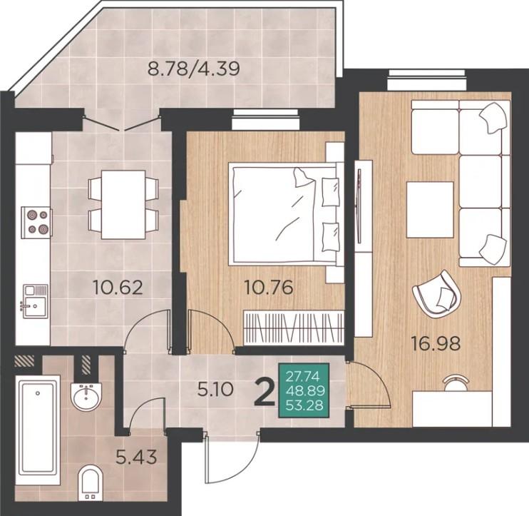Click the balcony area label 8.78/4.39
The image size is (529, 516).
pos(194,69)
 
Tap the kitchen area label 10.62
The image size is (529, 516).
pos(118,288)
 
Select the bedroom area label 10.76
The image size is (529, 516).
pos(268,288)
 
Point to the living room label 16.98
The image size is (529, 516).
pos(436,344)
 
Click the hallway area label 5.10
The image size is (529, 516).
pos(215,390)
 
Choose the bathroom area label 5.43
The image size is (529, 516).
pos(136,457)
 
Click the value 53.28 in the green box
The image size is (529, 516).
pos(304,405)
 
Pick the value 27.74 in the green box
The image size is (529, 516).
pos(302,376)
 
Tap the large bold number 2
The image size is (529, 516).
pos(264,392)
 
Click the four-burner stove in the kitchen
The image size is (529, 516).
pos(36,223)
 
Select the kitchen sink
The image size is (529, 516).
pos(35,301)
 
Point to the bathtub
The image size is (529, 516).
pos(38,428)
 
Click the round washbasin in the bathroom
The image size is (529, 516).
pos(86,397)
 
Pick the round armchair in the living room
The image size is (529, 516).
pos(436,293)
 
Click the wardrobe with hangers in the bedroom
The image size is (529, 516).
pos(293,327)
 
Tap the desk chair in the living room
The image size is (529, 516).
pos(456,383)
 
